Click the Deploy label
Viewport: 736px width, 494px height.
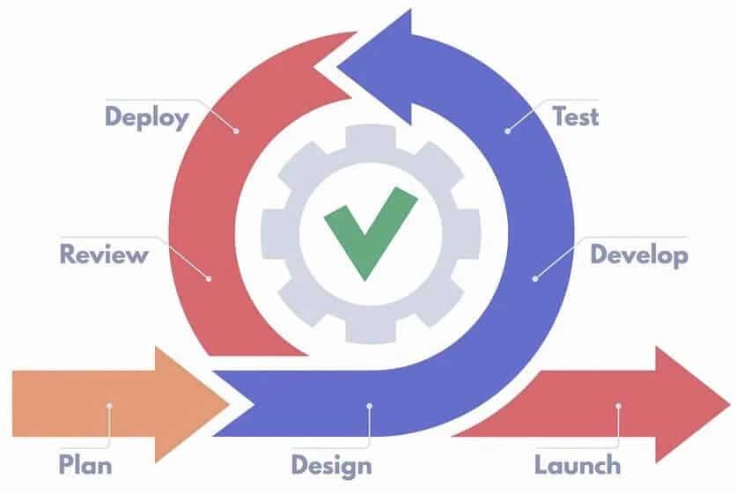click(x=146, y=117)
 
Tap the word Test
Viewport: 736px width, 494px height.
click(x=574, y=116)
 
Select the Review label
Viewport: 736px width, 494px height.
click(x=103, y=255)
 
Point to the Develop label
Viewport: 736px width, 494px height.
click(x=638, y=255)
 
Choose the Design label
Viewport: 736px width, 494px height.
click(x=331, y=464)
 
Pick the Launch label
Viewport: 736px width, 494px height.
click(x=577, y=464)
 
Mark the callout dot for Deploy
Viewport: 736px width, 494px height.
click(x=237, y=130)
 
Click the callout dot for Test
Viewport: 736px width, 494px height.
click(x=508, y=130)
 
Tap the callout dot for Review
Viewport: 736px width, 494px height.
click(x=210, y=278)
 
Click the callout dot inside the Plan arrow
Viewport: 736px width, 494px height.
click(x=109, y=406)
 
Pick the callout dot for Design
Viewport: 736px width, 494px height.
click(x=370, y=406)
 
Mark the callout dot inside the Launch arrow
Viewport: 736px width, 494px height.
click(x=619, y=406)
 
